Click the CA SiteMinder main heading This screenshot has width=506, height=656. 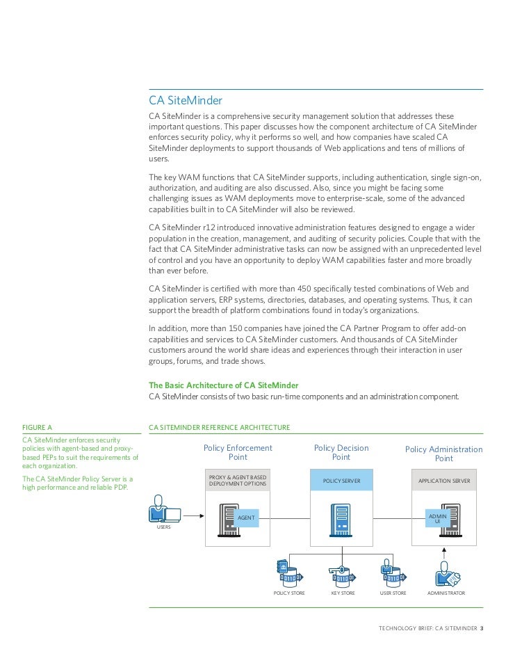coord(185,101)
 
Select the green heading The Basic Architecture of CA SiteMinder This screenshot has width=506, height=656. coord(224,385)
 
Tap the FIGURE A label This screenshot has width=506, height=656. coord(38,426)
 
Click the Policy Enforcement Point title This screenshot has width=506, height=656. coord(238,453)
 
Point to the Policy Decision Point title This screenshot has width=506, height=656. coord(341,453)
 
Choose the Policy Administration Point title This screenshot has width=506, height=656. coord(443,454)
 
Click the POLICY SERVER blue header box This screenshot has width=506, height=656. coord(341,481)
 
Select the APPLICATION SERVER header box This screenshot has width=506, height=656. coord(444,481)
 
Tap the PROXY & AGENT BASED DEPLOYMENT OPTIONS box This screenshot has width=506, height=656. coord(238,481)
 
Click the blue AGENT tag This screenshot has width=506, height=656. coord(246,518)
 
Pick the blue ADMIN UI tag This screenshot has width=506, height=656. coord(437,518)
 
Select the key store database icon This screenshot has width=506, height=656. coord(341,575)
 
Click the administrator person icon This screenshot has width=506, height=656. coord(446,575)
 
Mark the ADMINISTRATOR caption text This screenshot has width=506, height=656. coord(446,593)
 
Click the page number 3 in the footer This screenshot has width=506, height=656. coord(482,628)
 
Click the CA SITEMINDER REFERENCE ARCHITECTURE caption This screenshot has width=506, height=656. coord(219,426)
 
